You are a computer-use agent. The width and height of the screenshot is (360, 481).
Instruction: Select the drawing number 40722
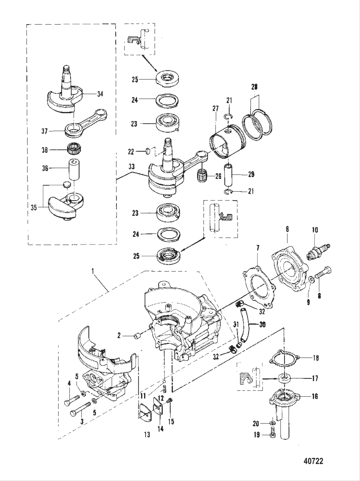[313, 461]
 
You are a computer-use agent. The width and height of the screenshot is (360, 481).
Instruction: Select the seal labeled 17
[284, 378]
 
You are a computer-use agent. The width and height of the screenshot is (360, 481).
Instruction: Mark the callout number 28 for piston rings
[254, 87]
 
